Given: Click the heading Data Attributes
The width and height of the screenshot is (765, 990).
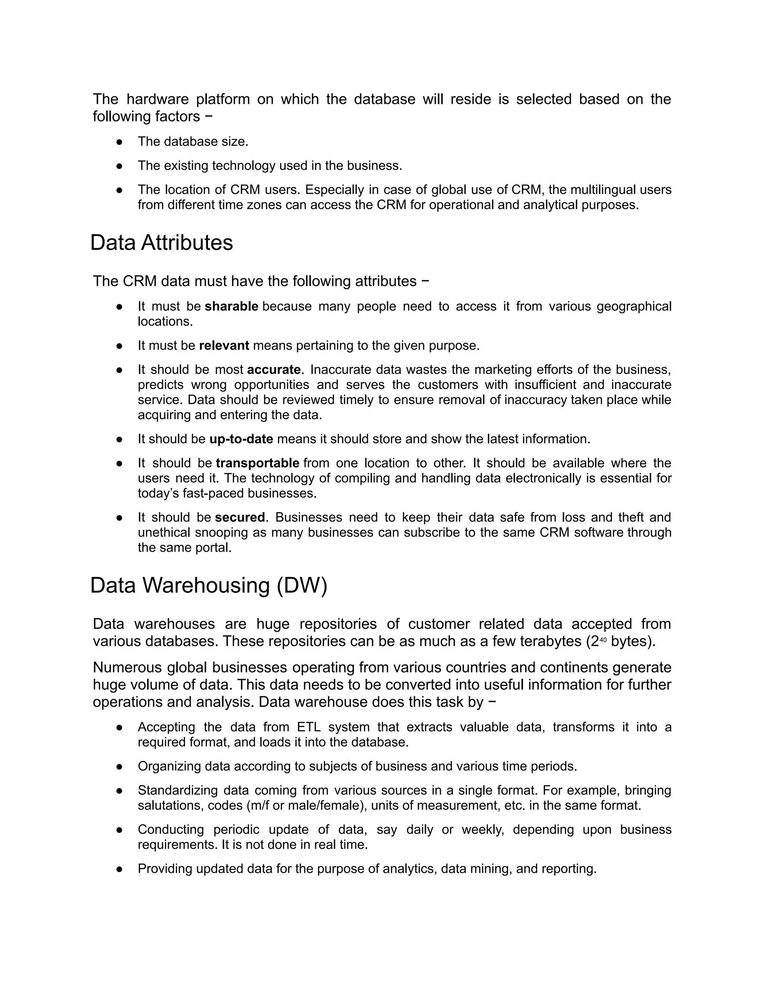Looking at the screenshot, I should (x=161, y=242).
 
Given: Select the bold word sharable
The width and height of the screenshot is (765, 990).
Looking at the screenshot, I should (x=231, y=306).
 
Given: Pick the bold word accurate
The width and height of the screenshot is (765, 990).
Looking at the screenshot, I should (x=273, y=369).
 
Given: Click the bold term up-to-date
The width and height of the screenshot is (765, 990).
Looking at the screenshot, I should (x=241, y=439).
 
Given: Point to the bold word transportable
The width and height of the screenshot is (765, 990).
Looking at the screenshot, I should (x=257, y=463).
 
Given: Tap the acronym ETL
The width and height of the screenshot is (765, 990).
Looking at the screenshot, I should (x=308, y=727).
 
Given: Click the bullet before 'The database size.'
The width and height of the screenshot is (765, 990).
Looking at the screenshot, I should (x=120, y=142).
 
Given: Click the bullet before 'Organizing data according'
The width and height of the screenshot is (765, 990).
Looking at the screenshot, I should (x=120, y=767).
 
